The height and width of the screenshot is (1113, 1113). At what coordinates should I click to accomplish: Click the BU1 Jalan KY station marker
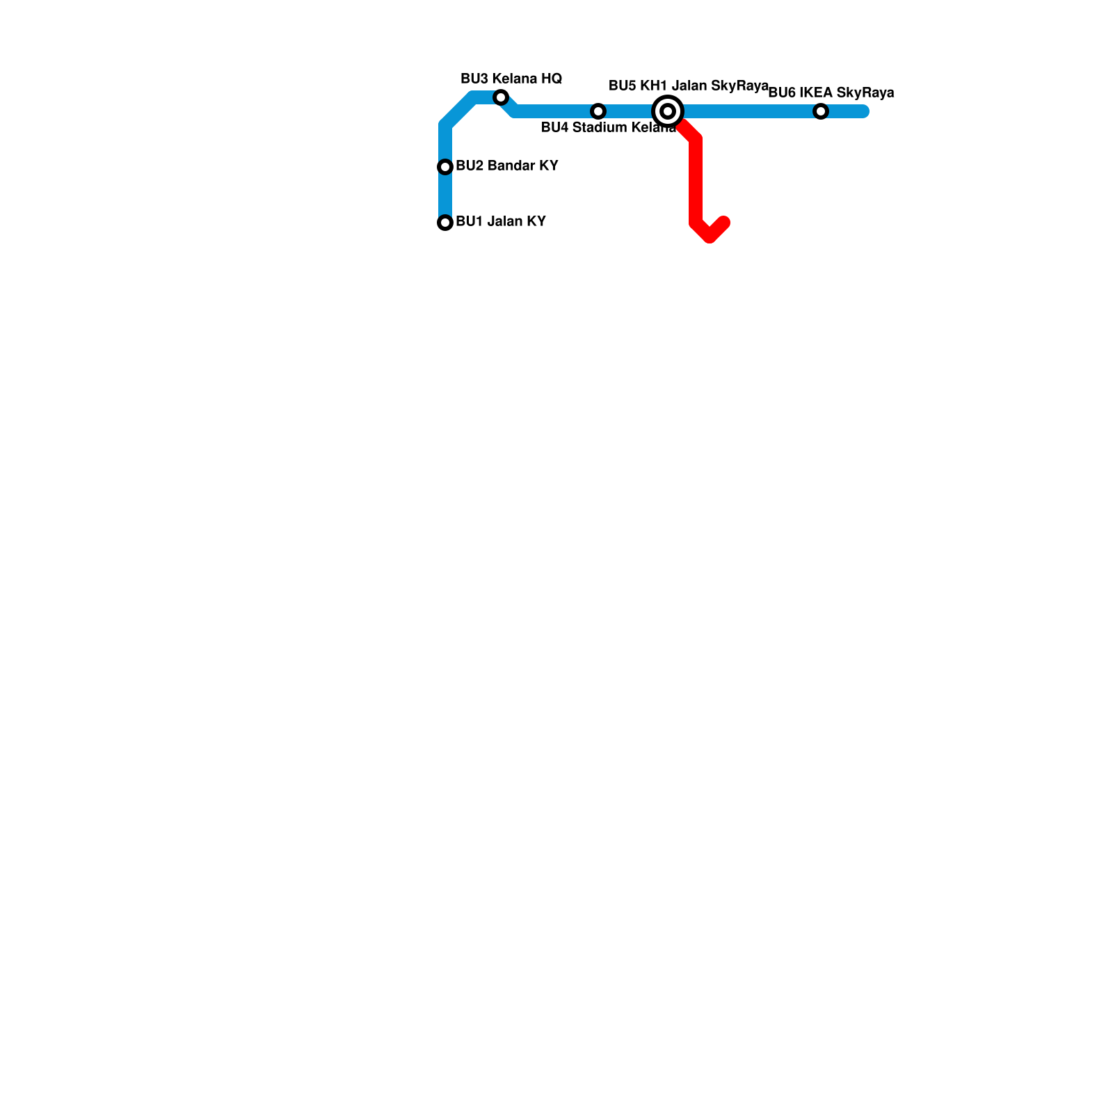pyautogui.click(x=445, y=223)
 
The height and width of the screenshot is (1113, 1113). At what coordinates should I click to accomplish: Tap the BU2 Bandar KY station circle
pyautogui.click(x=445, y=167)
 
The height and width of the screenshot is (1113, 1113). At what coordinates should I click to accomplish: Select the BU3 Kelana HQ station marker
pyautogui.click(x=501, y=97)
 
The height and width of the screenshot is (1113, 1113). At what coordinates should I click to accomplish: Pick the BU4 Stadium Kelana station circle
pyautogui.click(x=598, y=111)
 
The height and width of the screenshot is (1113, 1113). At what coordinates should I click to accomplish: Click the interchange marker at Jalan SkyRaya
pyautogui.click(x=668, y=111)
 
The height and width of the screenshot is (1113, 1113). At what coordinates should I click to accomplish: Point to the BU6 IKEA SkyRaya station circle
pyautogui.click(x=821, y=111)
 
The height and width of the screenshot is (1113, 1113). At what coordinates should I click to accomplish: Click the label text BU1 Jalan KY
pyautogui.click(x=501, y=222)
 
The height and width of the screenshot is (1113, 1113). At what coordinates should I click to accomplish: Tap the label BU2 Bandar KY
pyautogui.click(x=507, y=166)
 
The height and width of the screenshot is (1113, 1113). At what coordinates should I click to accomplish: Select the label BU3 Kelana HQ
pyautogui.click(x=511, y=79)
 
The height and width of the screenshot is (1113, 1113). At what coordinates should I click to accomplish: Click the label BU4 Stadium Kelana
pyautogui.click(x=608, y=128)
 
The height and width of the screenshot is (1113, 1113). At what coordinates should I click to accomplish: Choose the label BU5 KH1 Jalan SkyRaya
pyautogui.click(x=689, y=86)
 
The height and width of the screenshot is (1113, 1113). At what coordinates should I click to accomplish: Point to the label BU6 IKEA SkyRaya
pyautogui.click(x=831, y=93)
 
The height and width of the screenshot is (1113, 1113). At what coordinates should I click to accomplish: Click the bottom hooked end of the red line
pyautogui.click(x=723, y=223)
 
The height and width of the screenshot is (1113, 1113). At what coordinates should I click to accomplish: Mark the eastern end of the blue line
pyautogui.click(x=864, y=111)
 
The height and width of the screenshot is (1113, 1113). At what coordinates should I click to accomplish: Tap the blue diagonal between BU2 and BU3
pyautogui.click(x=459, y=111)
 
